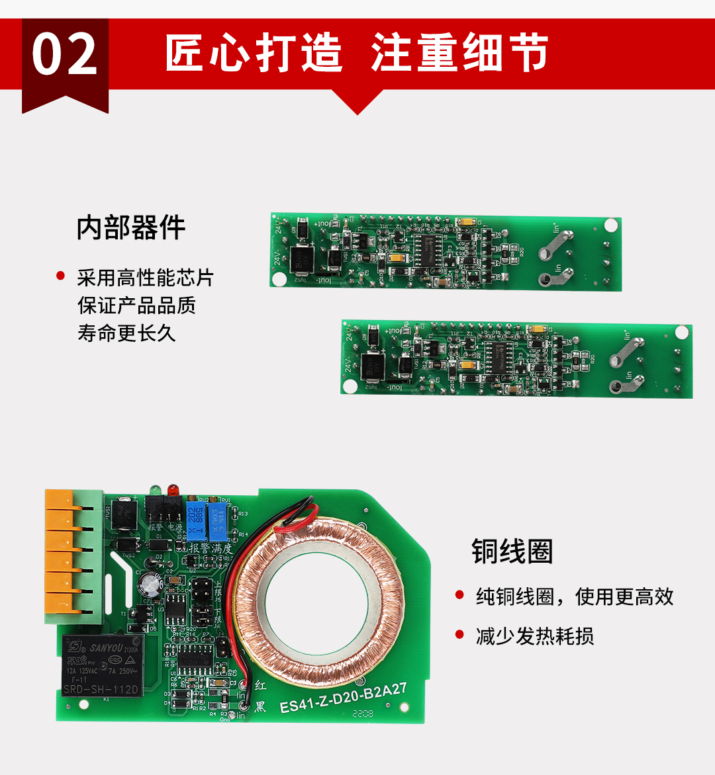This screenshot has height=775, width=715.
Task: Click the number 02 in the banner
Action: coord(65,56)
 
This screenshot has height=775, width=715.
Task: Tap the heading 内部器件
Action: coord(131,228)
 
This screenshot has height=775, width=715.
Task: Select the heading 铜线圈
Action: coord(512,551)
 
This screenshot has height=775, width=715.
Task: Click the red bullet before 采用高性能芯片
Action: coord(61,276)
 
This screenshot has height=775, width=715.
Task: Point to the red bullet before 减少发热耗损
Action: coord(459,635)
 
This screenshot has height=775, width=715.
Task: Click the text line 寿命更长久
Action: coord(126,333)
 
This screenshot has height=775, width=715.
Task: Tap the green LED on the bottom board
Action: coord(156,490)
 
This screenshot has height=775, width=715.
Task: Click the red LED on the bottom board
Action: coord(172,490)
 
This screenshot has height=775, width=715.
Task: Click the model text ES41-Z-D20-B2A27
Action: coord(343,698)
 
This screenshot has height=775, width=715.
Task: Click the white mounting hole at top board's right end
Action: coord(611,225)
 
